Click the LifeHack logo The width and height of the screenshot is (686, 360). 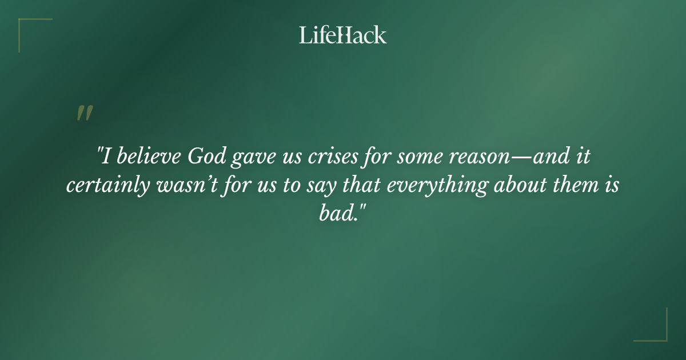coord(343,35)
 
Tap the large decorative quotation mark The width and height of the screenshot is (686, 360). coord(85,113)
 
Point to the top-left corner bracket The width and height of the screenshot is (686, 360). coord(29,29)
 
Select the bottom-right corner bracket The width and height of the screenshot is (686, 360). coord(657,331)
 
